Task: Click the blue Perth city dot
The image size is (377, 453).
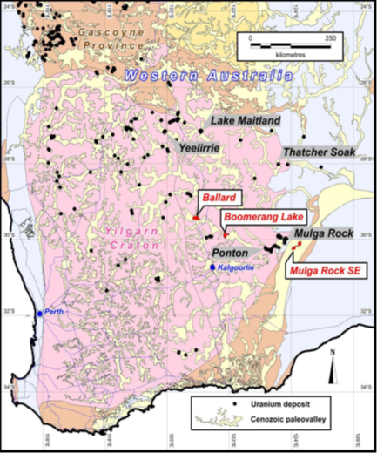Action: click(x=40, y=312)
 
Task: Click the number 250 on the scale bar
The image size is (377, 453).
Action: click(x=330, y=39)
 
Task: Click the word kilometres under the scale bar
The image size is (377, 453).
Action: click(x=291, y=55)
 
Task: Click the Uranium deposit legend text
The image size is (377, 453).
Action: click(x=279, y=407)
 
